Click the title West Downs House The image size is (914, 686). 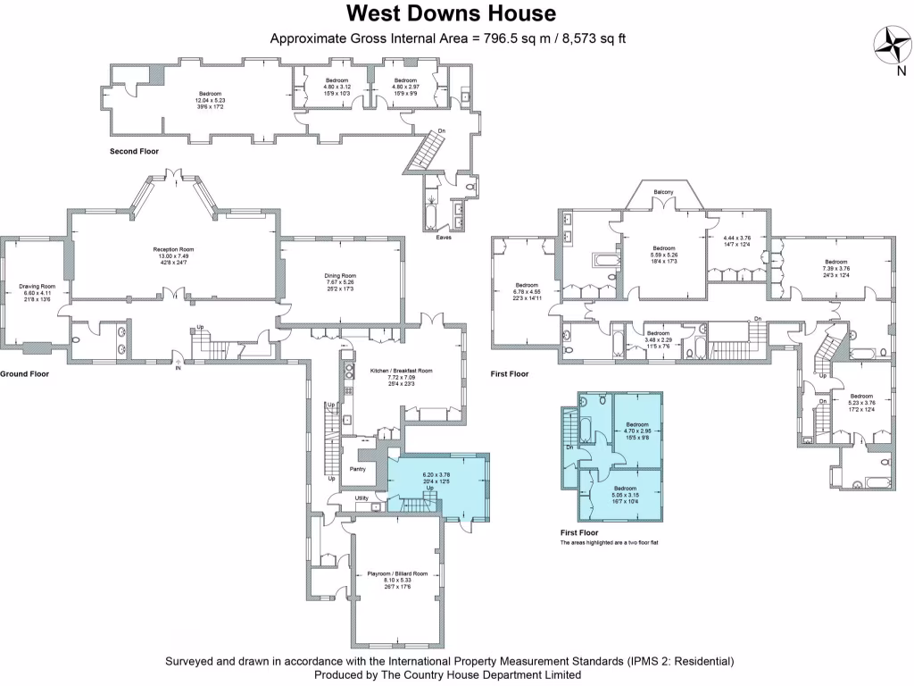pos(451,13)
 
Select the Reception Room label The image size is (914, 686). pos(173,249)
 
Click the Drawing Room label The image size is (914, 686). pos(37,287)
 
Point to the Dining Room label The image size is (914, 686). pos(340,276)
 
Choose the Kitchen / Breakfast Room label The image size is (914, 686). pos(401,371)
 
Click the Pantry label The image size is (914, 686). pos(357,468)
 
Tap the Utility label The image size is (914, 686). pos(361,498)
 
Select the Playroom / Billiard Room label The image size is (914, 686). pos(397,573)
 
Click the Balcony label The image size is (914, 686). pos(663,192)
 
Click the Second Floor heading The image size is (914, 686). pos(134,152)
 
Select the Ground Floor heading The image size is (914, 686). pos(24,374)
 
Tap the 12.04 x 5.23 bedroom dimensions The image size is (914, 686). pos(210,100)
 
